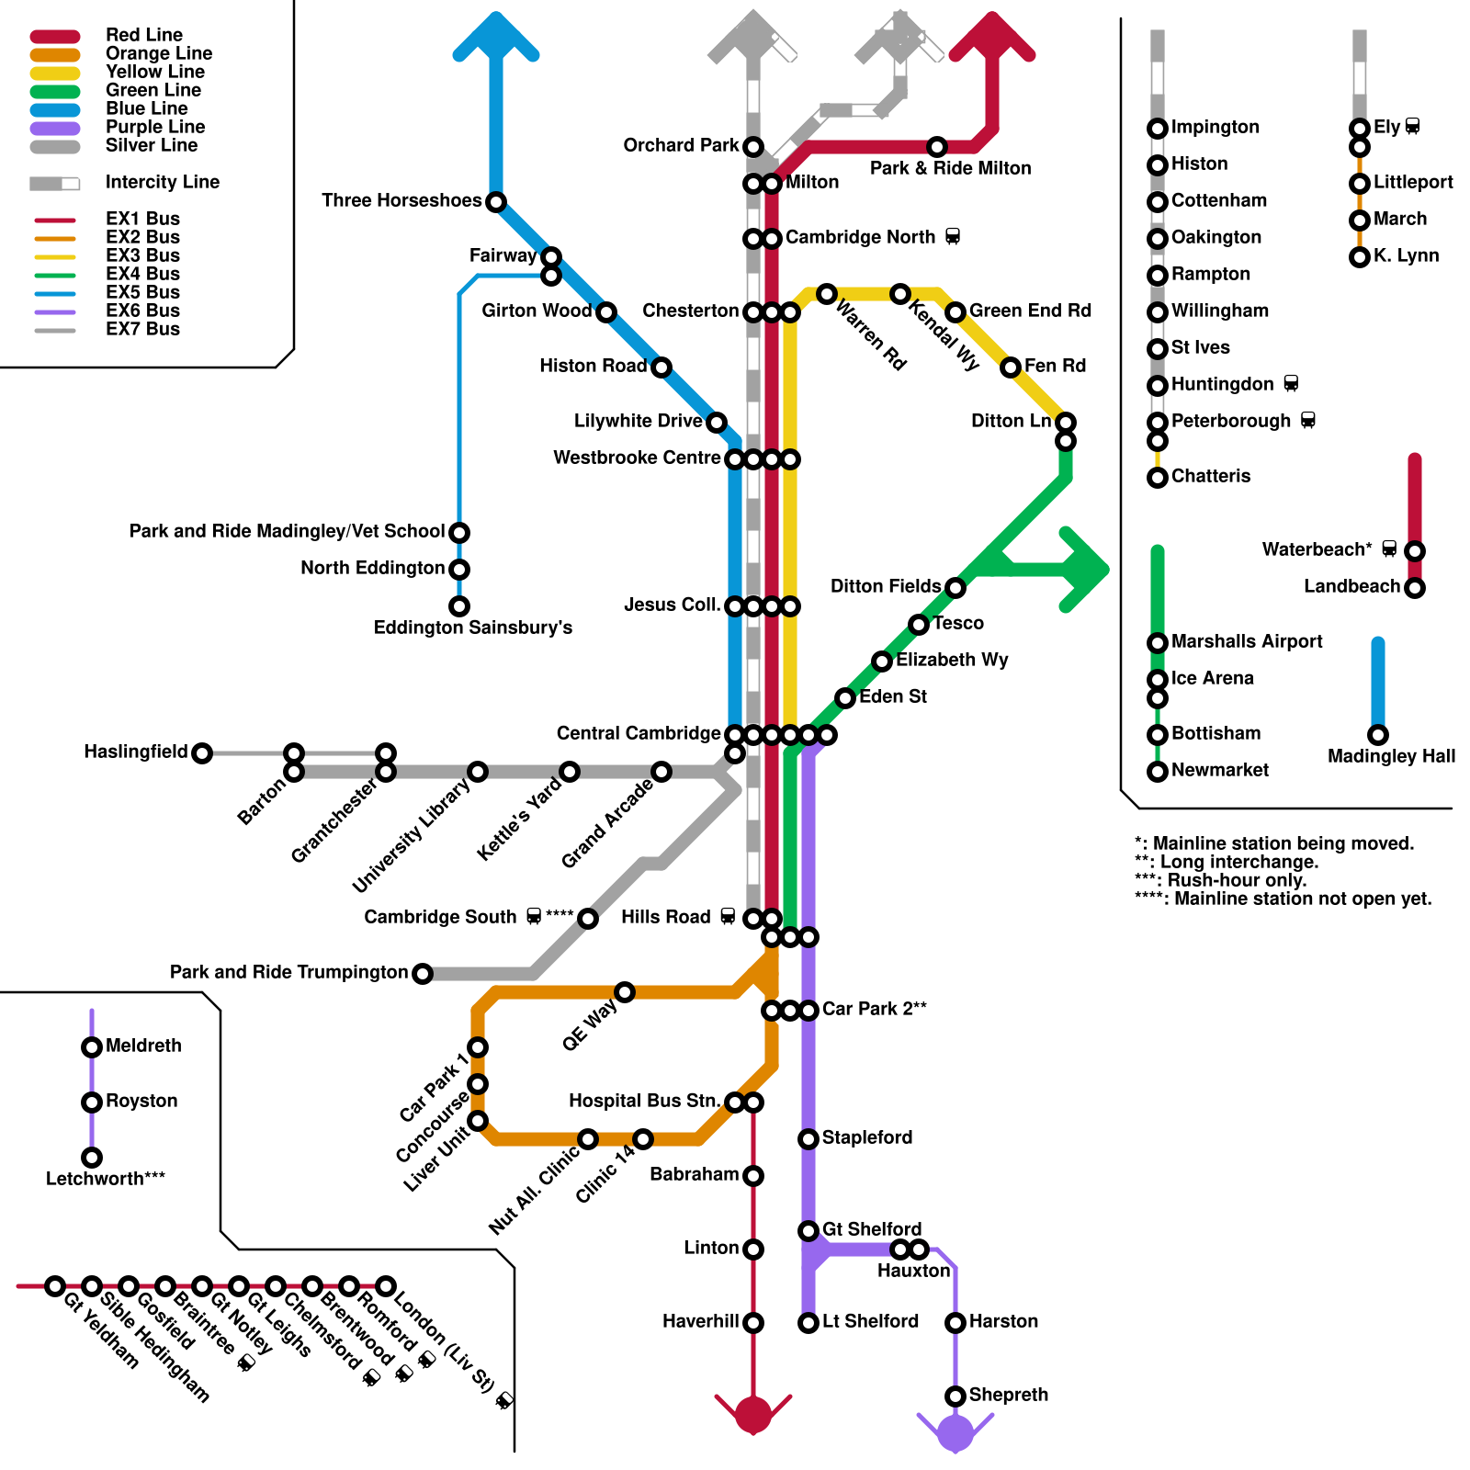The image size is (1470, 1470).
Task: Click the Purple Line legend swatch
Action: [x=55, y=128]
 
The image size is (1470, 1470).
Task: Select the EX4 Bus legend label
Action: [x=142, y=274]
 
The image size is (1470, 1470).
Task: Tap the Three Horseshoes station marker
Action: [x=496, y=201]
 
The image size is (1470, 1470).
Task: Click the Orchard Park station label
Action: [x=680, y=145]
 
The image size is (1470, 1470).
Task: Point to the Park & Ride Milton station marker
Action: [x=937, y=147]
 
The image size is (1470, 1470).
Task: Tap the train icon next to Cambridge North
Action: [x=953, y=237]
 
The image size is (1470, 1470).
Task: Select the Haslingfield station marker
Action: [x=202, y=753]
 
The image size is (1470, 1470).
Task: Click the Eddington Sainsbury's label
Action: [x=472, y=628]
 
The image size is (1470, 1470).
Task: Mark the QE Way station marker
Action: [x=625, y=992]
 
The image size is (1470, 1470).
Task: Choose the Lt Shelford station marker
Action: [x=808, y=1323]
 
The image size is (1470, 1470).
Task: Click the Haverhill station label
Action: [x=700, y=1321]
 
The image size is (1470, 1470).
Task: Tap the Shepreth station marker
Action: [x=955, y=1396]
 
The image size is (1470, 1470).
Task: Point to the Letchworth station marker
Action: [x=92, y=1158]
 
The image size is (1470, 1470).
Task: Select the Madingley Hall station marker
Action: [x=1378, y=735]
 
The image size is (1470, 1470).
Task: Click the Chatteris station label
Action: [x=1210, y=476]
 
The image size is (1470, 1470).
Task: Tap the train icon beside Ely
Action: [x=1412, y=127]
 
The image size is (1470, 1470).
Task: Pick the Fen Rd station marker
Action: [x=1011, y=367]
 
